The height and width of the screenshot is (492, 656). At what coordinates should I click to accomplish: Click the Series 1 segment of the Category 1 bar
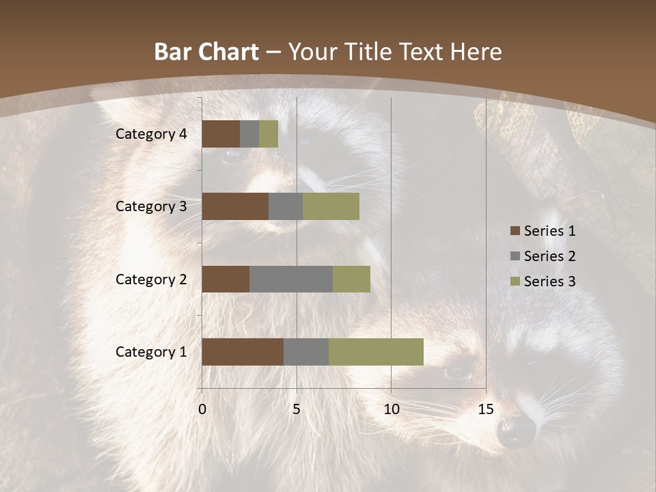click(x=243, y=351)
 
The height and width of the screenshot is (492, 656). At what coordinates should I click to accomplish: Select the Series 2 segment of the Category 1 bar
click(x=306, y=351)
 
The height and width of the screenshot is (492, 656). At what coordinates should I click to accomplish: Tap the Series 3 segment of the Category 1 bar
click(x=376, y=351)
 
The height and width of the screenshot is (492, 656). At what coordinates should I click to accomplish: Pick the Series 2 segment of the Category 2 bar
click(x=291, y=279)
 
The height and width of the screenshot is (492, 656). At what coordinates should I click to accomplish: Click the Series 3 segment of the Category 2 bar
click(x=351, y=279)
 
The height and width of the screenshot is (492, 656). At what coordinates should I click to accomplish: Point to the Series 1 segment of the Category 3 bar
click(x=235, y=206)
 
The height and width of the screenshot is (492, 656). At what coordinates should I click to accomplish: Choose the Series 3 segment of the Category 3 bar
click(x=331, y=206)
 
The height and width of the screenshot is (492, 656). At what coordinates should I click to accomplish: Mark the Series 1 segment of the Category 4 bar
click(x=221, y=134)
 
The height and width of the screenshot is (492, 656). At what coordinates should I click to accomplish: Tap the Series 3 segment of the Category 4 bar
click(x=269, y=134)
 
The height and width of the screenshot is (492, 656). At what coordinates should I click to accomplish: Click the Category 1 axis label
click(x=151, y=352)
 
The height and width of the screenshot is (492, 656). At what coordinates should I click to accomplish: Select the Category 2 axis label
click(x=151, y=279)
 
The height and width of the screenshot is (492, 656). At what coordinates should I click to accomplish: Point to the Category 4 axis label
click(x=151, y=134)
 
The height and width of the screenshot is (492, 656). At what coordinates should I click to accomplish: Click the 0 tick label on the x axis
click(x=202, y=409)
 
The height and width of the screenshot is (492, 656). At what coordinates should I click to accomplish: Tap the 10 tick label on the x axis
click(x=391, y=409)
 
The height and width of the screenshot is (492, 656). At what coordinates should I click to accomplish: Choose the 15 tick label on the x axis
click(x=485, y=409)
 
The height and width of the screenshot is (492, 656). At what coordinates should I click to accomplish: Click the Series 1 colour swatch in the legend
click(x=515, y=231)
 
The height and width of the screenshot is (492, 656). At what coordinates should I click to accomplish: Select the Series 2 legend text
click(x=549, y=256)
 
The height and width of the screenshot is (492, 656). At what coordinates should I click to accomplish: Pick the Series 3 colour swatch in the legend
click(x=515, y=282)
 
